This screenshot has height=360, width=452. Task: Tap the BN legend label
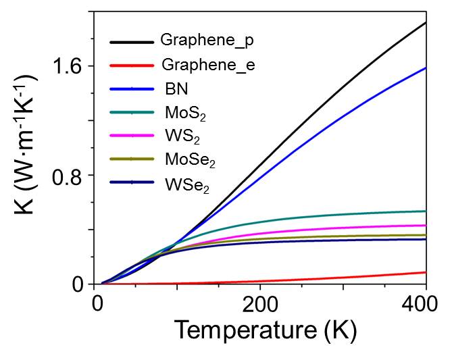tap(174, 89)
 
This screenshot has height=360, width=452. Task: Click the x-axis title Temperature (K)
tap(265, 331)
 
